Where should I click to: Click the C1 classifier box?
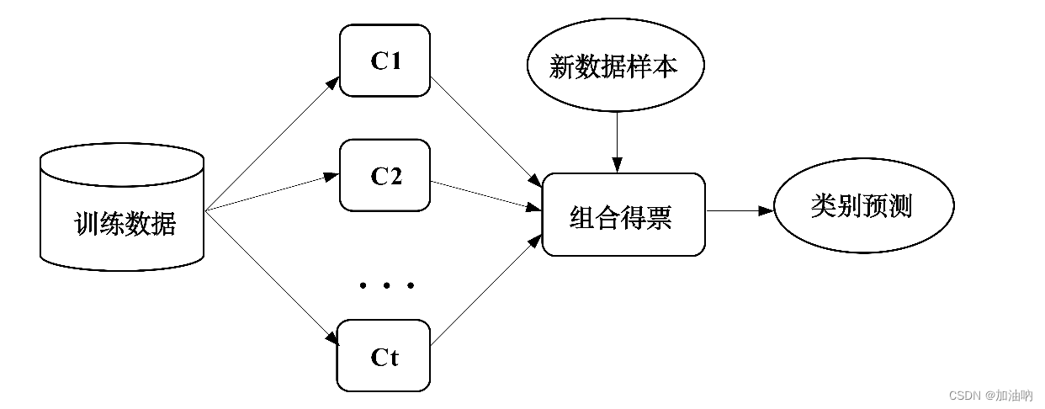point(385,60)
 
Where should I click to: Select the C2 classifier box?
point(385,175)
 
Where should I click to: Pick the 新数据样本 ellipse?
point(613,67)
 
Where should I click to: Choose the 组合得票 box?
point(623,214)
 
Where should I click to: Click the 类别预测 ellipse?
point(863,206)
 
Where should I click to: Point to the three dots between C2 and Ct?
point(386,286)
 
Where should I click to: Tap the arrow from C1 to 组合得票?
point(485,133)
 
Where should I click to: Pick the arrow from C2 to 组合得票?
point(485,195)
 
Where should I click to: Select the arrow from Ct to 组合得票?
point(485,290)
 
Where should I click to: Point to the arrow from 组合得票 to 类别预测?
point(738,211)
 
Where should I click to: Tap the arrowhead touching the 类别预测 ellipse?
point(766,211)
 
